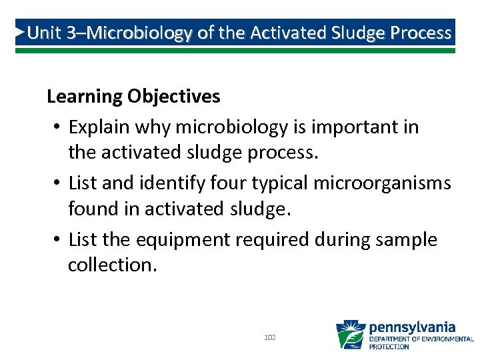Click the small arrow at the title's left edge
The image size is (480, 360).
tap(21, 32)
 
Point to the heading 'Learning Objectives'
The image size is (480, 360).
tap(133, 97)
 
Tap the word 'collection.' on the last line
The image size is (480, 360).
tap(113, 265)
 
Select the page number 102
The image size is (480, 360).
tap(270, 338)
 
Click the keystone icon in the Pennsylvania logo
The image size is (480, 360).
tap(350, 335)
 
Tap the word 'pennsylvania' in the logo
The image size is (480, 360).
tap(412, 327)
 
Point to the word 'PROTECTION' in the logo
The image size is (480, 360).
tap(389, 347)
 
